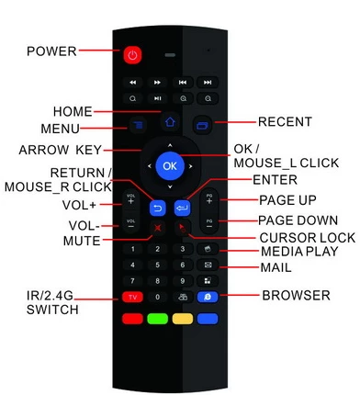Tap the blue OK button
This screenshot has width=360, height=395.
170,166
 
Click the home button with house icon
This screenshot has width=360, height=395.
170,122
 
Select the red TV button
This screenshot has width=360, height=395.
132,297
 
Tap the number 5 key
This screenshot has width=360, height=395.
157,265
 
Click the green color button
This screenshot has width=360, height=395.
157,319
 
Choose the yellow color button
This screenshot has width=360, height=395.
183,319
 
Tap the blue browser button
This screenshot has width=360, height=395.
208,297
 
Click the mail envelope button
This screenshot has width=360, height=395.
208,265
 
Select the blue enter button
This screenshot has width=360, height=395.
183,209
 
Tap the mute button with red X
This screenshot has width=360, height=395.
158,228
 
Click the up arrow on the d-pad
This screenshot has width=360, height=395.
170,145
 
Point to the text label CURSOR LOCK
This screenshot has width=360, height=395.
308,238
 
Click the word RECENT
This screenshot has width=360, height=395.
285,122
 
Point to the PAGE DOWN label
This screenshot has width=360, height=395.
298,220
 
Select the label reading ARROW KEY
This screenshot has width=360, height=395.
60,150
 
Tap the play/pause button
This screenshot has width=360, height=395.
157,98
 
